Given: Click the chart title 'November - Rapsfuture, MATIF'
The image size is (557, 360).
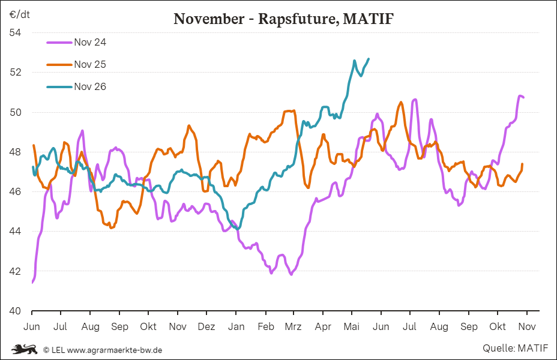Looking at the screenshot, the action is [283, 19].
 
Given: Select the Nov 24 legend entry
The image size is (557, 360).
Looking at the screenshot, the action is [76, 42].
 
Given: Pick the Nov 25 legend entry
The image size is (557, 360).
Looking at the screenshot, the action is [76, 64].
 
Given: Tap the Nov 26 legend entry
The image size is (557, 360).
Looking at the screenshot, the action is [76, 86].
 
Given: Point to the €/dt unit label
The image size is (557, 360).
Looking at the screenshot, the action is [20, 14].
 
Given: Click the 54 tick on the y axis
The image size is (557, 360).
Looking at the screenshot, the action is [15, 32].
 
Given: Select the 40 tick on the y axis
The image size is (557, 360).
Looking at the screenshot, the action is [15, 311].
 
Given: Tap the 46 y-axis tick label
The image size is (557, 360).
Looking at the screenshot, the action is [15, 192].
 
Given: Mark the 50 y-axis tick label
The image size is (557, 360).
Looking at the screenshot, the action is [15, 112].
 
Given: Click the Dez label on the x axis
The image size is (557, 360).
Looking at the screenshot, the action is [206, 326].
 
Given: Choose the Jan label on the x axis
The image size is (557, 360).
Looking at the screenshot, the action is [236, 326].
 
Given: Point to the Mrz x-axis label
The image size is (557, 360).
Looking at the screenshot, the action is [293, 326].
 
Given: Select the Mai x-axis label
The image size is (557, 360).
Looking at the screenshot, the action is [352, 326].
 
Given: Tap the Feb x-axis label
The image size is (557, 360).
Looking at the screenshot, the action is [266, 326].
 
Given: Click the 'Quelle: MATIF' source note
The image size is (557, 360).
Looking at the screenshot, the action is [515, 348].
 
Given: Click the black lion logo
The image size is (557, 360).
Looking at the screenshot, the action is [24, 349].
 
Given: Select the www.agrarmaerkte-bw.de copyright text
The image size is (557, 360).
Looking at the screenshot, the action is [115, 350].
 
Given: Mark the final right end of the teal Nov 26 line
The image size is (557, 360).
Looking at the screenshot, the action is [369, 59].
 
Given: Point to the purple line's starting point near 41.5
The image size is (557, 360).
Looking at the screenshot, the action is [32, 283].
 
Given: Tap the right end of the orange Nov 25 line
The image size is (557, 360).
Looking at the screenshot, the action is [523, 164].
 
